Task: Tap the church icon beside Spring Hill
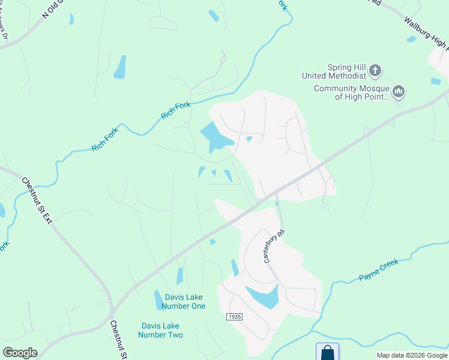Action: [375, 71]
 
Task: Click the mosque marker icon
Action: [399, 92]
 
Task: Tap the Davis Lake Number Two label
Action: [160, 330]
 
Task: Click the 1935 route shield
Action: [234, 316]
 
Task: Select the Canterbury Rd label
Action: [273, 246]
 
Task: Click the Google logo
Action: [20, 353]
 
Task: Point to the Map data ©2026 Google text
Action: [411, 355]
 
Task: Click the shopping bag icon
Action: [327, 352]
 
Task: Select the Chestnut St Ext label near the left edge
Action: [37, 200]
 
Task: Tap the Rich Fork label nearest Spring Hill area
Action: [176, 110]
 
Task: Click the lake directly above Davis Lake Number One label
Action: [179, 276]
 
